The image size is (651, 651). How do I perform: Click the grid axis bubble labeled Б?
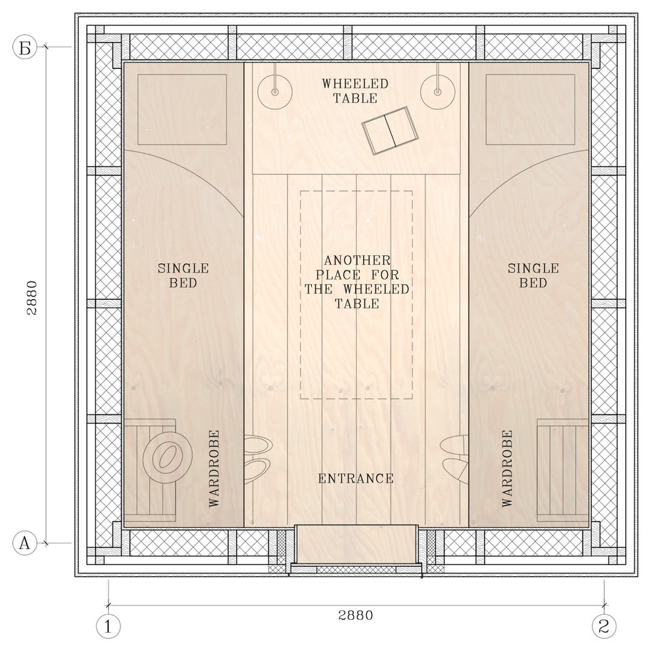(x=25, y=47)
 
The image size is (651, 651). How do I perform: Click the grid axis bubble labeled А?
(x=25, y=542)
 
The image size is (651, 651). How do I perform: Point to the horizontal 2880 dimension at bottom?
(x=356, y=615)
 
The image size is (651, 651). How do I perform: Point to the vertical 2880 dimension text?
(x=32, y=298)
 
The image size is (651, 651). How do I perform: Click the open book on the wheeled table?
(x=390, y=130)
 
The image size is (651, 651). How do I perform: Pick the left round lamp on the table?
(x=274, y=92)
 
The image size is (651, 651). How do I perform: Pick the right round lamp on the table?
(x=437, y=92)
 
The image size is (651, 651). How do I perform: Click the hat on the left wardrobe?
(x=167, y=457)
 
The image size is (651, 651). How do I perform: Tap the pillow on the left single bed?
(x=182, y=110)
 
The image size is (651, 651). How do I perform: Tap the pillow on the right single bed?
(x=530, y=110)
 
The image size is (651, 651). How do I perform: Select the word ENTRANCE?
(x=356, y=479)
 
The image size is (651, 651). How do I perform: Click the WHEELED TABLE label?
(x=355, y=91)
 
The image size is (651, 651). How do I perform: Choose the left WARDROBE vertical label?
(x=214, y=468)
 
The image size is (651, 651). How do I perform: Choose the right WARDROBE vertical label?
(x=507, y=468)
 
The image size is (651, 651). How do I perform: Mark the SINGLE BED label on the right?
(x=533, y=276)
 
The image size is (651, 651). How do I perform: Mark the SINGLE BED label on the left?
(x=183, y=276)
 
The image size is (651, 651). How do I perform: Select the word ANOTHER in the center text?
(x=358, y=261)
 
